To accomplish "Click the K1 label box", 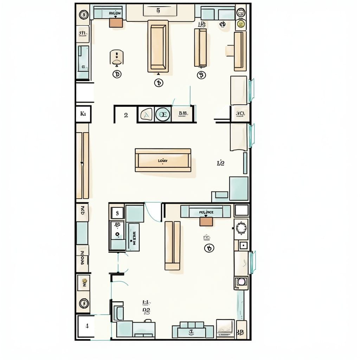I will click(83, 114).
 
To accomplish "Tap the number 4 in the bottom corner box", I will click(87, 326).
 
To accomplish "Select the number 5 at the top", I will click(158, 11).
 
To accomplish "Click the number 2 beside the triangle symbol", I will click(126, 115).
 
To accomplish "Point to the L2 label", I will click(221, 163).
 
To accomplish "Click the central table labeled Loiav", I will click(163, 160).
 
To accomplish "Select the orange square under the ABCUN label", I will click(116, 22).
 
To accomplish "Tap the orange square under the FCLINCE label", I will click(206, 221).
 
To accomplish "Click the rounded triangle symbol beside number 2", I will click(145, 114).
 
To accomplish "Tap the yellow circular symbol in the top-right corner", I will click(241, 24).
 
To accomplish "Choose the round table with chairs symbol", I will click(242, 229).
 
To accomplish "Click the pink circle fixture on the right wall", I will click(241, 282).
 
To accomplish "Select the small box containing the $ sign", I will click(117, 213).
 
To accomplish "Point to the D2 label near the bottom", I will click(147, 310).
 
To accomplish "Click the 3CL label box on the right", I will click(240, 114).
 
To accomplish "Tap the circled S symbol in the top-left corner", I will click(84, 15).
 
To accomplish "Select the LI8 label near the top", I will click(201, 24).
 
